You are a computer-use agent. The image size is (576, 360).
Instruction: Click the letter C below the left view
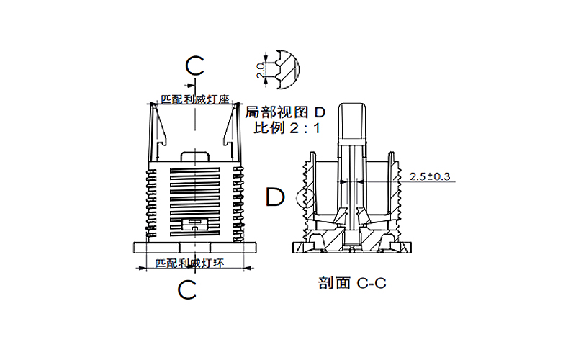(x=188, y=290)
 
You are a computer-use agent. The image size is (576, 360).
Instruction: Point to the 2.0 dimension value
(x=260, y=70)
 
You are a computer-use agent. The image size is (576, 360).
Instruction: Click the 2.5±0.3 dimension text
(x=429, y=176)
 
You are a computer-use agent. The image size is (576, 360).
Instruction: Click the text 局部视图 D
(x=286, y=113)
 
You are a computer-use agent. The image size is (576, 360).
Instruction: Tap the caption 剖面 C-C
(x=352, y=283)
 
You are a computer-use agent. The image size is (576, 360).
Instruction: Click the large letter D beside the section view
(x=276, y=197)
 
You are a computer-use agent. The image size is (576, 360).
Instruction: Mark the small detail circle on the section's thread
(x=303, y=196)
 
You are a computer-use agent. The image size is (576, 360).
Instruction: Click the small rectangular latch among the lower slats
(x=195, y=224)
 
